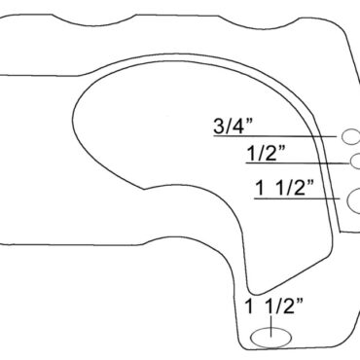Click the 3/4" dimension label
(x=234, y=126)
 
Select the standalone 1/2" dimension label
(x=266, y=153)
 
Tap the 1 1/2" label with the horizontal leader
(x=285, y=188)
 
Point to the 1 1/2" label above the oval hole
(x=274, y=306)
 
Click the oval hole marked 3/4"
(x=350, y=136)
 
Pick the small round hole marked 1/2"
(x=355, y=162)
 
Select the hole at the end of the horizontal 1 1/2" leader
(x=353, y=200)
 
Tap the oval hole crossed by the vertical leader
(x=271, y=338)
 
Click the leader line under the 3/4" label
(x=275, y=136)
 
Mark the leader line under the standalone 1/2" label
(x=298, y=162)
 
